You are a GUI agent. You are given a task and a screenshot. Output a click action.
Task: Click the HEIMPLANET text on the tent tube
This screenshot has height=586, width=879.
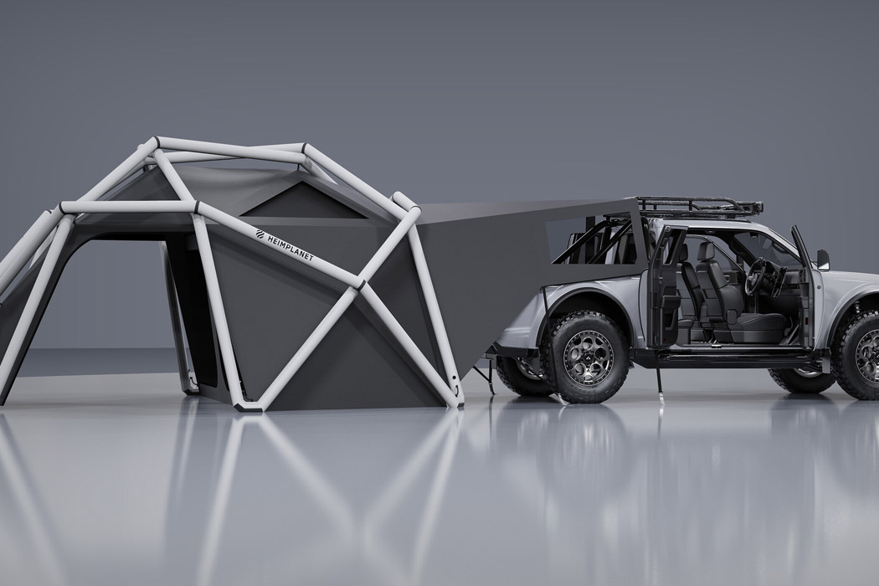click(x=290, y=245)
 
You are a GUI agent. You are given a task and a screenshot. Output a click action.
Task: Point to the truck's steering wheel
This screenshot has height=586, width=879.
click(x=758, y=277)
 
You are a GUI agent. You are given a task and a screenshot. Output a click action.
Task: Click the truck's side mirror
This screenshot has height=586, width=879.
click(x=822, y=260)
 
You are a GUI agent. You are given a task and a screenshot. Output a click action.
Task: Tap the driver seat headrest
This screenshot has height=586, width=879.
click(x=707, y=250)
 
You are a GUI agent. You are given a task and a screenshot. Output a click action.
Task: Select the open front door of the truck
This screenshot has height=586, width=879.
click(x=804, y=289)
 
